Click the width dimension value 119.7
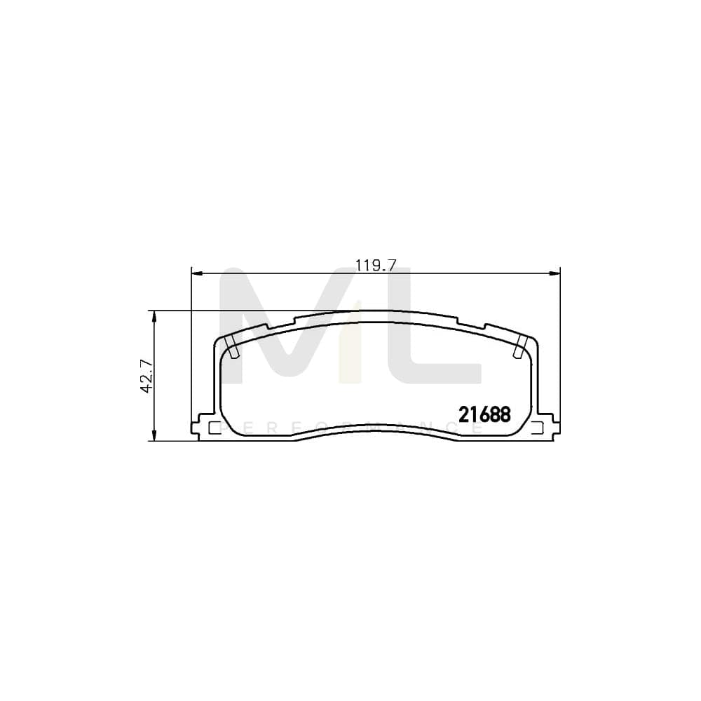pyautogui.click(x=376, y=265)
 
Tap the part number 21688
pyautogui.click(x=484, y=414)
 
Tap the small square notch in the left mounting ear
pyautogui.click(x=215, y=428)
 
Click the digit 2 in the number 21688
pyautogui.click(x=463, y=414)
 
